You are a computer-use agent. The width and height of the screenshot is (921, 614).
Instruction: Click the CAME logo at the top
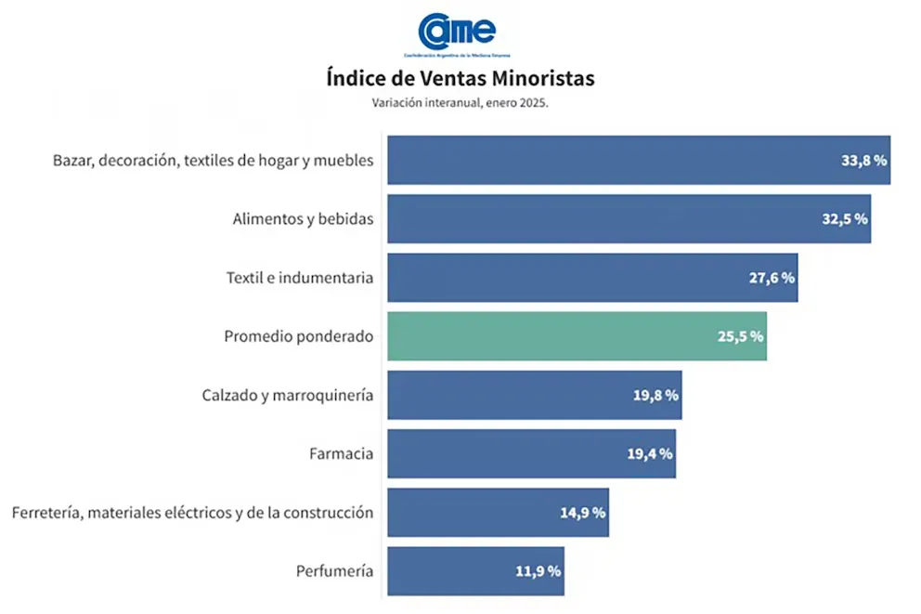[458, 33]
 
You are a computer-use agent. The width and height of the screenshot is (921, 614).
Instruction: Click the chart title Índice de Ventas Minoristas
[460, 78]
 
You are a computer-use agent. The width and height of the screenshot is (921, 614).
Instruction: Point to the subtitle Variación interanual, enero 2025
[460, 103]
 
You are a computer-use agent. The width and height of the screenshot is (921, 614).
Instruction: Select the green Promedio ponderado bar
[576, 336]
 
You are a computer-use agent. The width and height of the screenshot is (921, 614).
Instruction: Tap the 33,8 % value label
[863, 160]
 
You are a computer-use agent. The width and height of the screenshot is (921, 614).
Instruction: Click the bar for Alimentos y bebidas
[628, 219]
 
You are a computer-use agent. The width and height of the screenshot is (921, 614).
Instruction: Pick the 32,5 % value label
[844, 219]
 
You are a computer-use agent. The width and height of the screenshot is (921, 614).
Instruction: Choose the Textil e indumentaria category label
[299, 278]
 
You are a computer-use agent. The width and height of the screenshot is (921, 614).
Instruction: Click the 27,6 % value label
[772, 278]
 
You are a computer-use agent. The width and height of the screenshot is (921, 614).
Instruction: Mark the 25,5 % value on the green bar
[740, 336]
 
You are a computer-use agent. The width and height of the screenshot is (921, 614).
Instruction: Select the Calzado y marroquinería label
[287, 395]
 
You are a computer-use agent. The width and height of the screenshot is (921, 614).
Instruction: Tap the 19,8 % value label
[655, 395]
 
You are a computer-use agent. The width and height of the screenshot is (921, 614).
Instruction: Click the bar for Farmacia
[530, 453]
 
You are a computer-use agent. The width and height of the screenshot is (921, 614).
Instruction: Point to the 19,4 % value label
[650, 453]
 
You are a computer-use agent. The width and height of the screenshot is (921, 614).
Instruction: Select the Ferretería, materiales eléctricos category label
[191, 512]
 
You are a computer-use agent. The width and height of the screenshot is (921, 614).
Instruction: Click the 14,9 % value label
[582, 512]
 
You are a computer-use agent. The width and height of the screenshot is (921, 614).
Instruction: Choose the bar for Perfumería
[474, 570]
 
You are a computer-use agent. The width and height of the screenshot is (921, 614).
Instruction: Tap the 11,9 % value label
[538, 570]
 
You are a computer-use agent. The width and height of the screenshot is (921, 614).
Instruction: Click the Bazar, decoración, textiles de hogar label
[213, 160]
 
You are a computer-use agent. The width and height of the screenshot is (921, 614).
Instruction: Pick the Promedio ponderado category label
[298, 336]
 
